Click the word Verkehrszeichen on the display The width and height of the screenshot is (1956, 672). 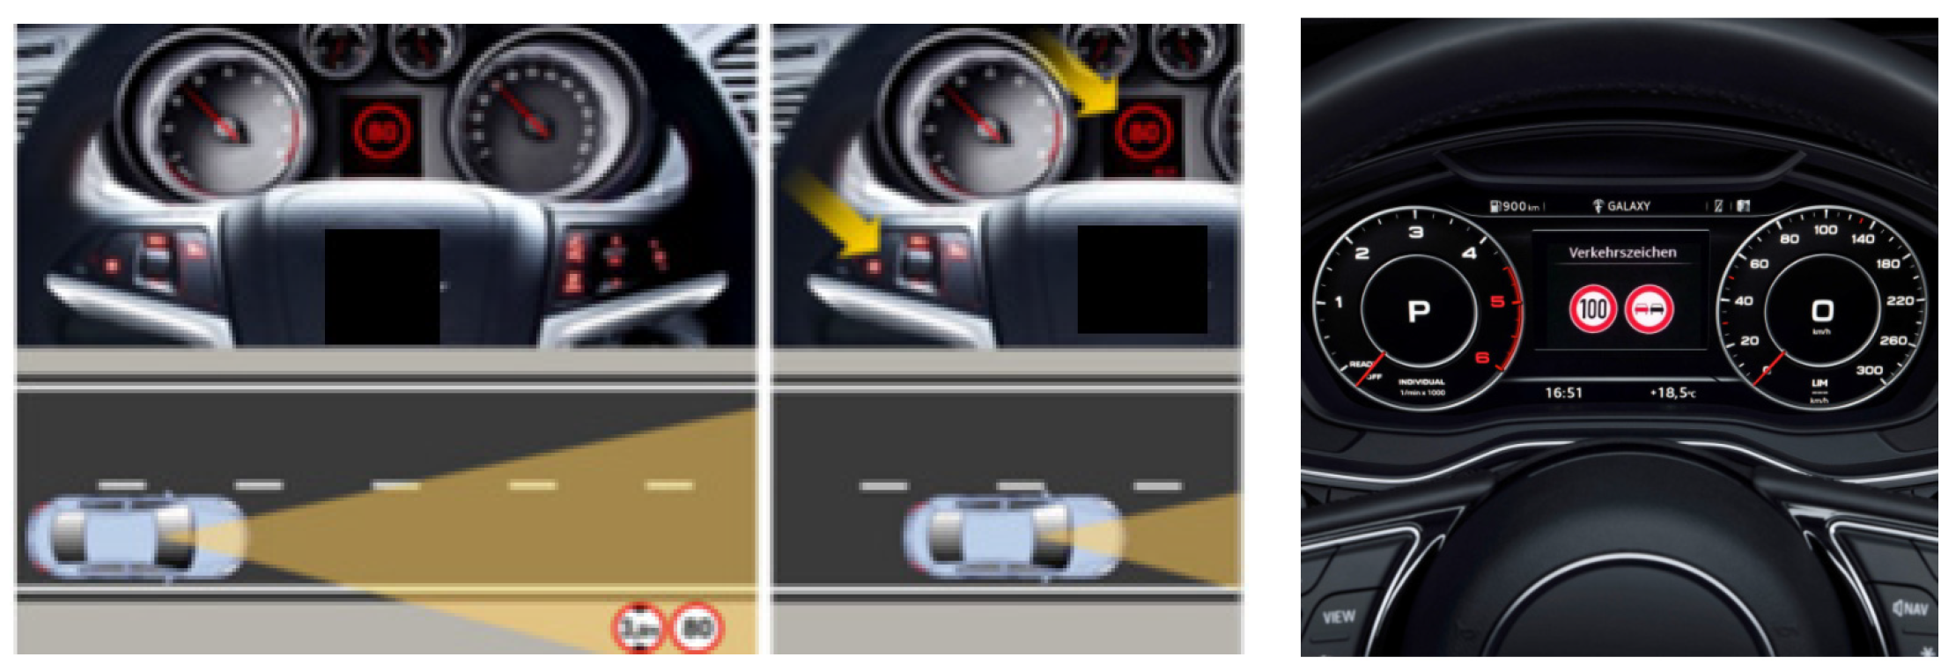pyautogui.click(x=1621, y=253)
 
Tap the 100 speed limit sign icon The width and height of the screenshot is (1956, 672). pyautogui.click(x=1592, y=309)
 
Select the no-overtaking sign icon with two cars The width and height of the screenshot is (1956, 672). pyautogui.click(x=1649, y=309)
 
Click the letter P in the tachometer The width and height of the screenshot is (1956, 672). pyautogui.click(x=1419, y=311)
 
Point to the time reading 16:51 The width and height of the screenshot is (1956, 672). pyautogui.click(x=1563, y=393)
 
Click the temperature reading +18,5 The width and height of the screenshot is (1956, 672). pyautogui.click(x=1672, y=393)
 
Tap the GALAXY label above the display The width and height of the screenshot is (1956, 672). pyautogui.click(x=1628, y=206)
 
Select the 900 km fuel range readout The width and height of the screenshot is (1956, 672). pyautogui.click(x=1517, y=206)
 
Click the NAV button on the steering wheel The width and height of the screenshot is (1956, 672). pyautogui.click(x=1910, y=608)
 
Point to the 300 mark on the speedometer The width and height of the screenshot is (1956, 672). pyautogui.click(x=1869, y=370)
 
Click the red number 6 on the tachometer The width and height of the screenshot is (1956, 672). pyautogui.click(x=1482, y=357)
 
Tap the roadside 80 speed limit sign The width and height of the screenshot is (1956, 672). pyautogui.click(x=698, y=628)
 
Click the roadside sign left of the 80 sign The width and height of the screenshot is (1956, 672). pyautogui.click(x=639, y=628)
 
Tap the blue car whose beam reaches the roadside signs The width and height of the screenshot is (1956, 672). pyautogui.click(x=137, y=537)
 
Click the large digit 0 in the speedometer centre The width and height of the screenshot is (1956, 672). pyautogui.click(x=1822, y=311)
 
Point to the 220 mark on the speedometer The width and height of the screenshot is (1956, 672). pyautogui.click(x=1900, y=301)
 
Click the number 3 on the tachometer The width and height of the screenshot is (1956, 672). pyautogui.click(x=1416, y=233)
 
